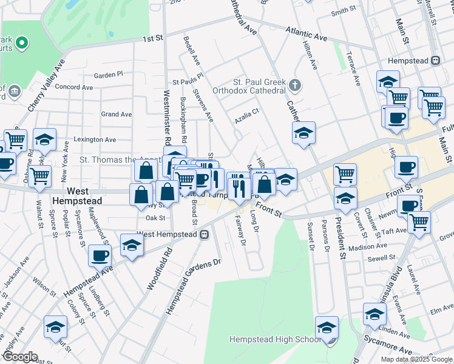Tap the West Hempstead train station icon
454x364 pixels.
click(x=205, y=234)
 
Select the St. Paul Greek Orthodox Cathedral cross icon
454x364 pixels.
click(x=295, y=84)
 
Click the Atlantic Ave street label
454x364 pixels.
click(x=307, y=33)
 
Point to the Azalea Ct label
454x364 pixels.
click(x=248, y=112)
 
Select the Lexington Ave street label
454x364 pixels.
click(x=95, y=140)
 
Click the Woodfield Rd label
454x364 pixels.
click(x=160, y=267)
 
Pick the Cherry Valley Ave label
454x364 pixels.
click(x=46, y=84)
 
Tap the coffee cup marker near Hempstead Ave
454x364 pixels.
click(x=100, y=255)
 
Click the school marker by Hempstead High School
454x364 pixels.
click(x=327, y=326)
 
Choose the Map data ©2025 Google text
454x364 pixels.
click(x=416, y=359)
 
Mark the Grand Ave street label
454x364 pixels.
click(x=117, y=114)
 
